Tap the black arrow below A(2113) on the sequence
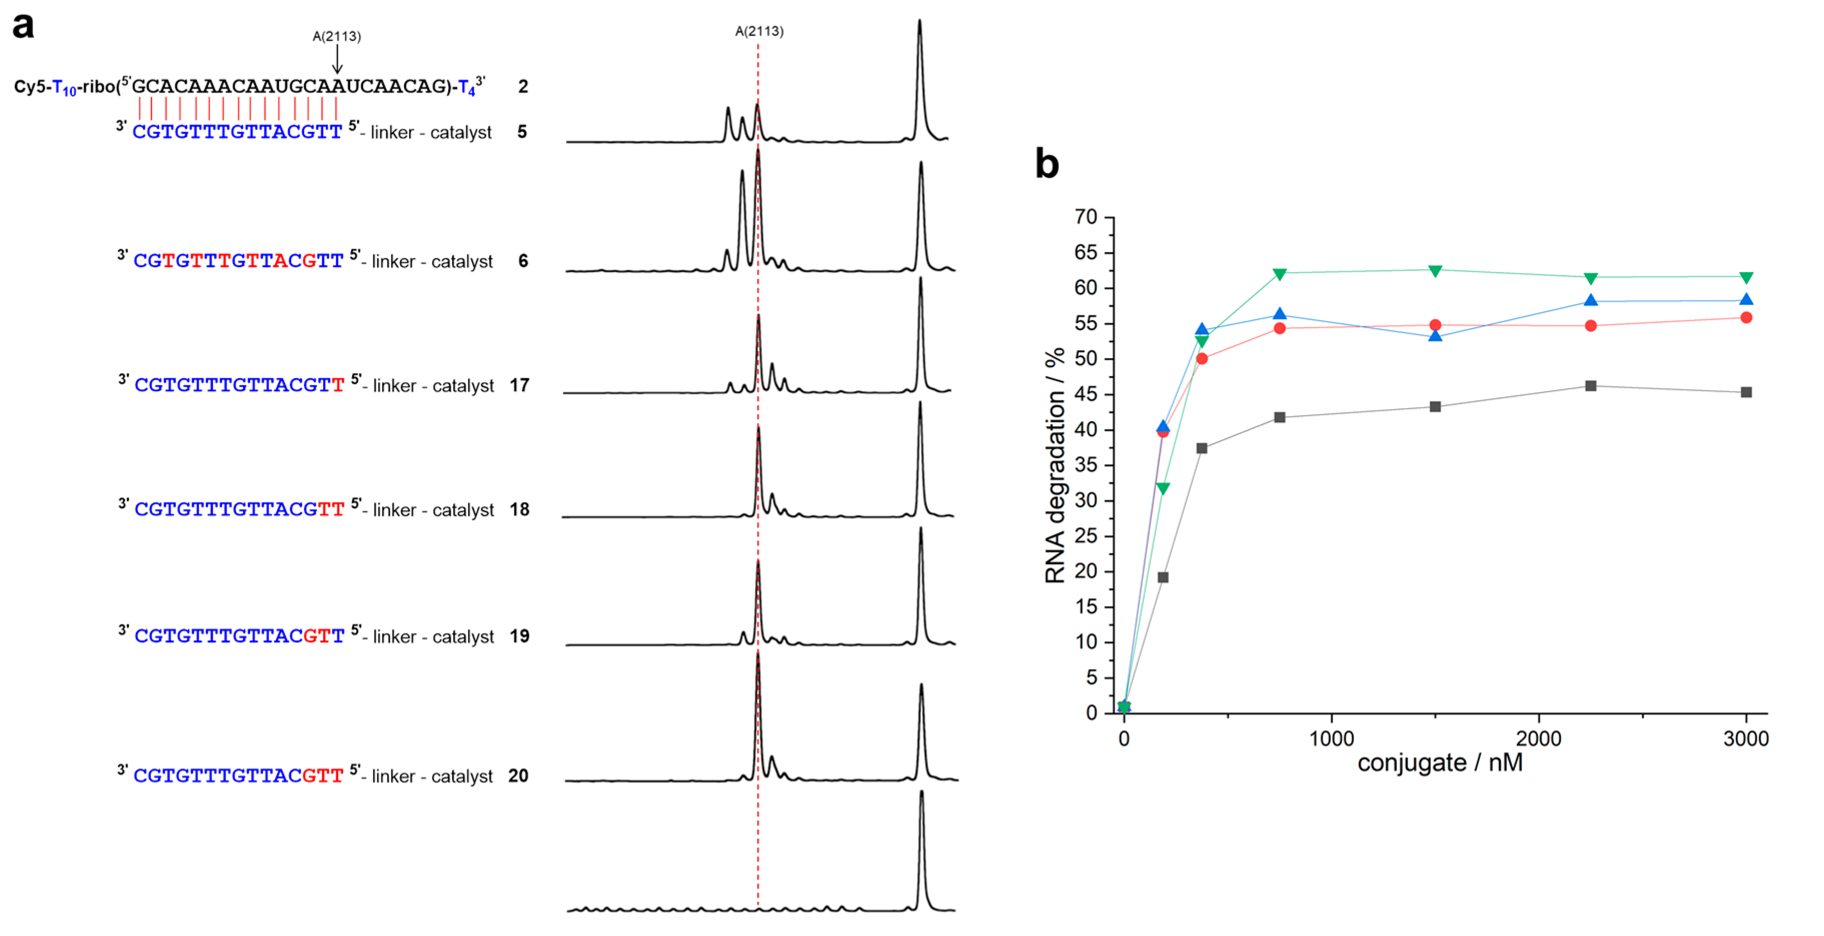click(337, 60)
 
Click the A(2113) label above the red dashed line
click(759, 31)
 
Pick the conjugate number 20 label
click(518, 776)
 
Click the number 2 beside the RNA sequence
click(523, 87)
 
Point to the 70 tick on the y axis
click(1086, 217)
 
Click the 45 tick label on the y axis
click(1086, 394)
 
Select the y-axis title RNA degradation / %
click(1055, 465)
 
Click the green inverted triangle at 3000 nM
click(1746, 278)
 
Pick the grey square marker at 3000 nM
click(1746, 392)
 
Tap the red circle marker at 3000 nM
click(1746, 318)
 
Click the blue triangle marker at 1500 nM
click(1435, 336)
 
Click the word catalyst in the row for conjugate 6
click(462, 262)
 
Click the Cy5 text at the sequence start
click(29, 87)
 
